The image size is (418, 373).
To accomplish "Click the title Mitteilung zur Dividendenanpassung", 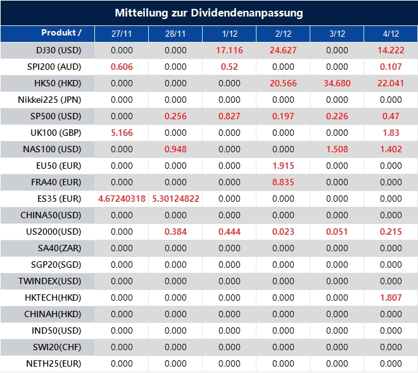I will [x=209, y=13].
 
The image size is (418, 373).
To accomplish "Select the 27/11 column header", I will [x=122, y=34].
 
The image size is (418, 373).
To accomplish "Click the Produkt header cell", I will [x=61, y=33].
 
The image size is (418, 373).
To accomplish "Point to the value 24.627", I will [x=283, y=50].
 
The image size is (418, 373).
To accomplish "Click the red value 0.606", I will [x=122, y=67].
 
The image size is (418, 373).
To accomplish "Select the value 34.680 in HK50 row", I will [x=337, y=83].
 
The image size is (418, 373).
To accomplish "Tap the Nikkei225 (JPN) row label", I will [x=51, y=100].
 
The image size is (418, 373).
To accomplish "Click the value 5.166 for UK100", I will [x=122, y=133].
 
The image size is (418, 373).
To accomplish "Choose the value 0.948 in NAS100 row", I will [x=175, y=149].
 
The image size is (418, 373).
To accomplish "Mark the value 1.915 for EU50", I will [x=283, y=166].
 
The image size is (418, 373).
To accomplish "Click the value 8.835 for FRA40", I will [x=283, y=182].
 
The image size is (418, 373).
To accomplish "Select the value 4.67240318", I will [x=122, y=199].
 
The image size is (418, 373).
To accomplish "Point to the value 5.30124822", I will [x=175, y=199].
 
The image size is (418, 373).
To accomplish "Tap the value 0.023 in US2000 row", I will [x=283, y=232].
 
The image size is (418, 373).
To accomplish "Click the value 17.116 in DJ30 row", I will [x=229, y=50].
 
